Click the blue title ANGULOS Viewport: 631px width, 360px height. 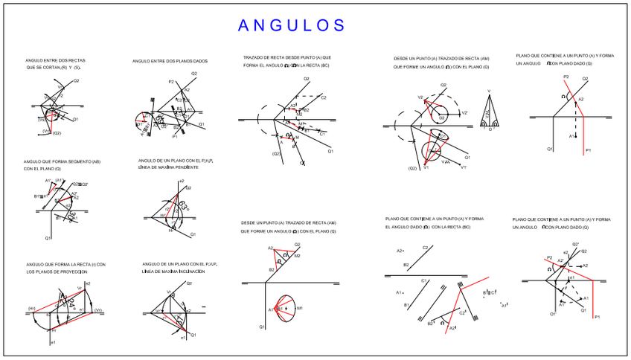click(x=292, y=25)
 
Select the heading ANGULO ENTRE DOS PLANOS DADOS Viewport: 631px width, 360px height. click(x=170, y=61)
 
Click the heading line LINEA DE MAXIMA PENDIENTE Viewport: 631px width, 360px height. click(x=168, y=167)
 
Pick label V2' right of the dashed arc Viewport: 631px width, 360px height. click(x=464, y=112)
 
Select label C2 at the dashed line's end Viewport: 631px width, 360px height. click(x=323, y=97)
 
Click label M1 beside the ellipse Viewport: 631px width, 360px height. click(x=299, y=307)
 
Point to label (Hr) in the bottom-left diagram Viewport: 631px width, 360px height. click(x=32, y=309)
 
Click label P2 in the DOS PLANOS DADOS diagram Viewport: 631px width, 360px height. click(x=170, y=81)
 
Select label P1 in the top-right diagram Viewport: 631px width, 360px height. click(x=588, y=150)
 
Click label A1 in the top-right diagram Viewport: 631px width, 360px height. click(x=571, y=136)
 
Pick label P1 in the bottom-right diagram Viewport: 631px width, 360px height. click(x=597, y=317)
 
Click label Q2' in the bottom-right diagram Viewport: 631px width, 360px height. click(x=575, y=245)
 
